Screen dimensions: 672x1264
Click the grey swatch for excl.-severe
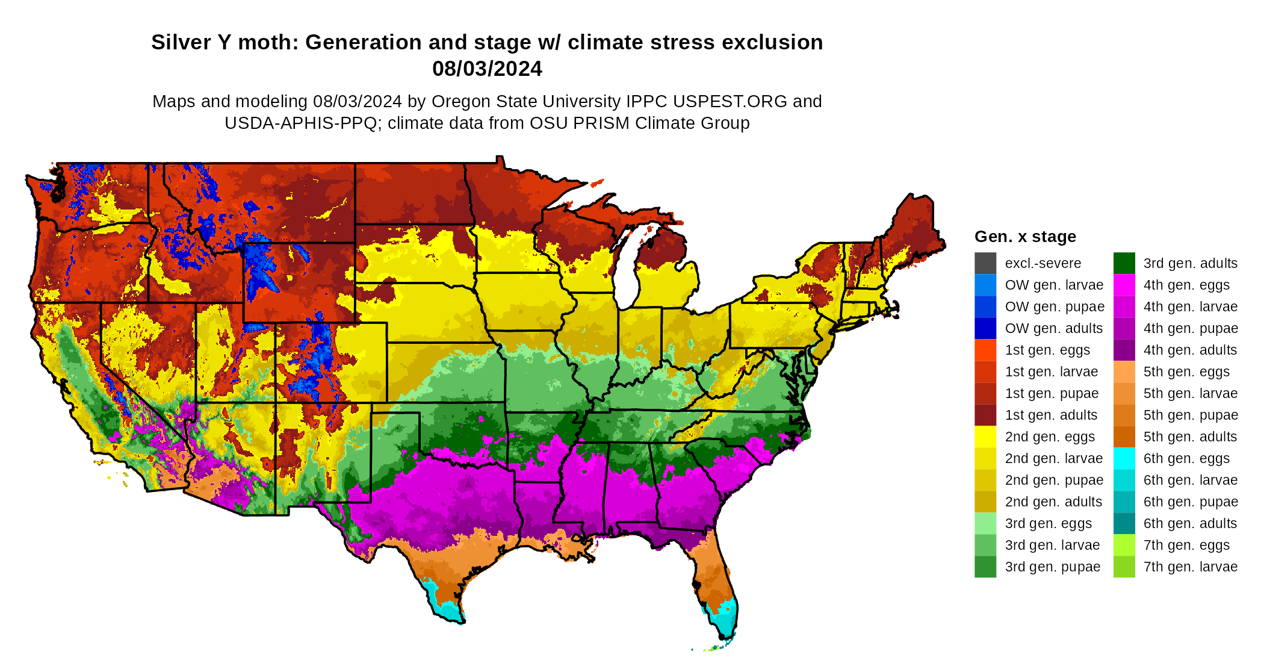(985, 263)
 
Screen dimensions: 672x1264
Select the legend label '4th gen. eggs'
(1186, 285)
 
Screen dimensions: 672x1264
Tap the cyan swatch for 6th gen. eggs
(1124, 458)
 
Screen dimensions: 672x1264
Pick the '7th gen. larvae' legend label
(1190, 567)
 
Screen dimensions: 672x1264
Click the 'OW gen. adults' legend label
(1053, 328)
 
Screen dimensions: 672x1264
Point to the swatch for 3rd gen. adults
(1124, 263)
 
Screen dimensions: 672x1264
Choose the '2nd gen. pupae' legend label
(1054, 480)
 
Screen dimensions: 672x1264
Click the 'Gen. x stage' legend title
(1025, 237)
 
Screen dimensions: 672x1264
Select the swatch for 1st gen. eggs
(985, 350)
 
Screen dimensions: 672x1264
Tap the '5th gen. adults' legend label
(1190, 437)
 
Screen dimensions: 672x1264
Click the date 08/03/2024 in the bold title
(487, 69)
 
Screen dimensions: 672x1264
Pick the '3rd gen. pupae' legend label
(1052, 567)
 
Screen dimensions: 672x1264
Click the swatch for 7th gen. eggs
(1124, 545)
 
